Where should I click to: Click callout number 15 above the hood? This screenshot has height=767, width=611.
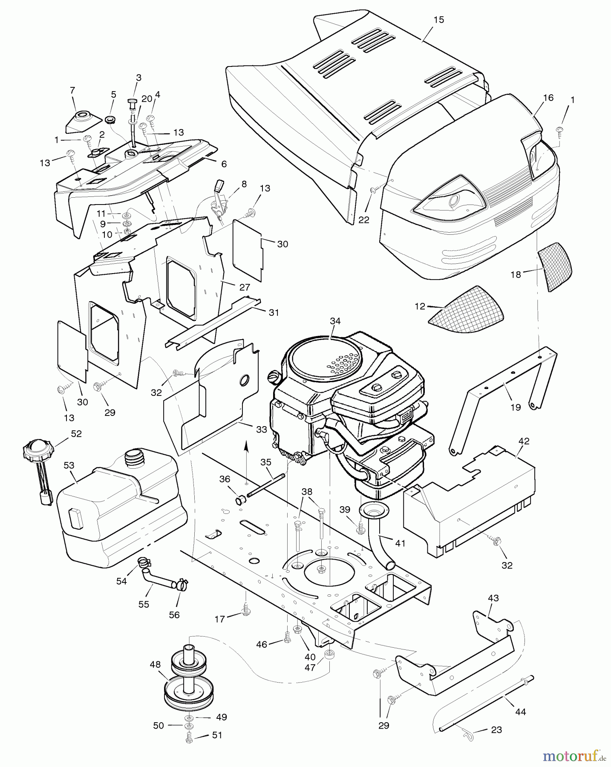(438, 20)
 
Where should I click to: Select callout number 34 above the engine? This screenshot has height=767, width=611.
(335, 321)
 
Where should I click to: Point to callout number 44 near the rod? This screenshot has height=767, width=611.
(521, 712)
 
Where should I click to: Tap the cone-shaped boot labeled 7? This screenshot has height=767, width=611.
(81, 123)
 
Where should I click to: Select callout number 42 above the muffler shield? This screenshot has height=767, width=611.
(524, 441)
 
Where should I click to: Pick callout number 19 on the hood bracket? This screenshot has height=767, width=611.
(516, 407)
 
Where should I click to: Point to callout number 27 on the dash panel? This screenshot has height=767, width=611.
(245, 288)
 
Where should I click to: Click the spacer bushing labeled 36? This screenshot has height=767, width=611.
(240, 498)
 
